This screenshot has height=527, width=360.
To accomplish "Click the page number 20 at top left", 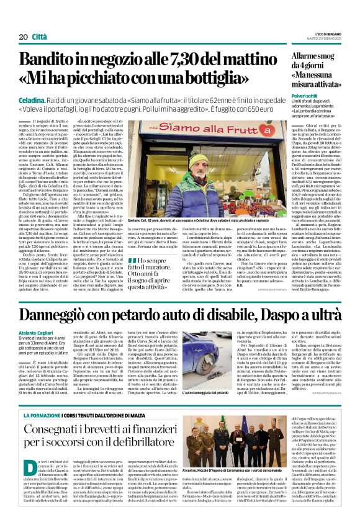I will tap(23, 37).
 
